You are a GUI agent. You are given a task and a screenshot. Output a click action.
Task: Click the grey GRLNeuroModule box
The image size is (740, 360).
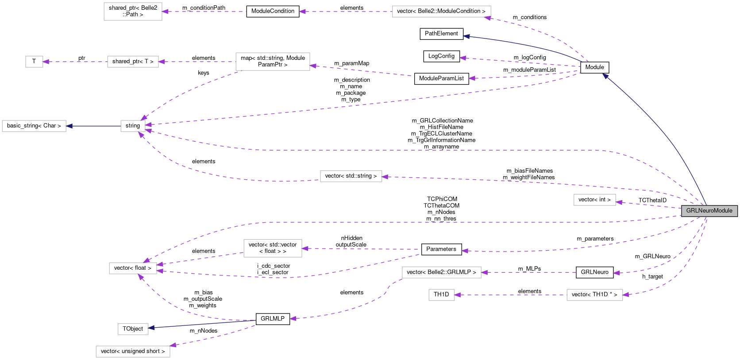click(709, 211)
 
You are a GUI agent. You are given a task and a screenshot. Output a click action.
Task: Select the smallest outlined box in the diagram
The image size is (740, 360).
click(34, 62)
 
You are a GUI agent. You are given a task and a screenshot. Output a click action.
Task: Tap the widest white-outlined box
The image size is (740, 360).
click(441, 12)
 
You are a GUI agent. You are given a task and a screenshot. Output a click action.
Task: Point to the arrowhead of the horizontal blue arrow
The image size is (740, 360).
click(69, 126)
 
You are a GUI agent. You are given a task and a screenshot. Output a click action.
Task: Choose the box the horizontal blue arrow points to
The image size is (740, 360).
click(34, 126)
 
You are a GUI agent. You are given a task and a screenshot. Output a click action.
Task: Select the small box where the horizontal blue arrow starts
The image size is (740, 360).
click(133, 126)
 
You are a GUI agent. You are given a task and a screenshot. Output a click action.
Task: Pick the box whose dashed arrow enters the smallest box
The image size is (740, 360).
click(133, 62)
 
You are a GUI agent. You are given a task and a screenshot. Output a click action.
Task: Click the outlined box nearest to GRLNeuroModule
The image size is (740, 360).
click(594, 200)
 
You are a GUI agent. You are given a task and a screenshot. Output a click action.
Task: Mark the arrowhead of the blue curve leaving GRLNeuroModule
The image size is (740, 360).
click(605, 76)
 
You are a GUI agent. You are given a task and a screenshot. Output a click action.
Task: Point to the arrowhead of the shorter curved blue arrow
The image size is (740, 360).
click(466, 36)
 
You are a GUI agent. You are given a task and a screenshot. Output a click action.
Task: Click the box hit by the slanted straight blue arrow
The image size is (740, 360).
click(133, 329)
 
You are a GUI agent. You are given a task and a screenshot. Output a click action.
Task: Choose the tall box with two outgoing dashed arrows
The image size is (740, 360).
click(273, 62)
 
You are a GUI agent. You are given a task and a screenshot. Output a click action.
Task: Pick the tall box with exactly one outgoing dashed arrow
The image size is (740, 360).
click(273, 248)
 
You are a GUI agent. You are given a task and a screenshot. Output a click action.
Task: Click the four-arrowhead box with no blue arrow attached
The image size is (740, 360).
click(133, 268)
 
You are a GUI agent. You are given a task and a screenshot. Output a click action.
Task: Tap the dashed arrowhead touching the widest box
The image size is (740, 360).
click(487, 18)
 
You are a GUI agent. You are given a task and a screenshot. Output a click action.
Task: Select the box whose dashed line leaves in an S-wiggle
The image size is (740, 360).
click(441, 272)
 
